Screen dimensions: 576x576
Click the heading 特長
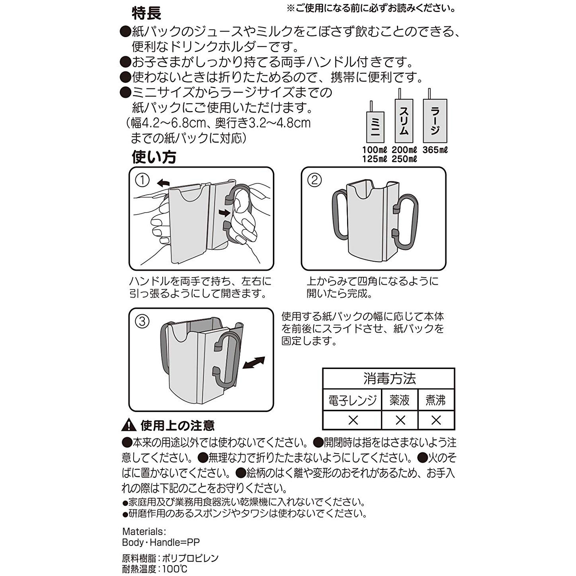pyautogui.click(x=146, y=13)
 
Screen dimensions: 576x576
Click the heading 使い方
pyautogui.click(x=154, y=157)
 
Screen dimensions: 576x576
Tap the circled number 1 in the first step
pyautogui.click(x=142, y=180)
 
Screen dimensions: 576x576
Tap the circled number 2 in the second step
pyautogui.click(x=314, y=180)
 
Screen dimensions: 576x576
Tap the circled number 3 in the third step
pyautogui.click(x=142, y=322)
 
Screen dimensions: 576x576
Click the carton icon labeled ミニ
pyautogui.click(x=375, y=127)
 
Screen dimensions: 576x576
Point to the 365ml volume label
pyautogui.click(x=435, y=150)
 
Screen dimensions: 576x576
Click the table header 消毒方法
pyautogui.click(x=389, y=378)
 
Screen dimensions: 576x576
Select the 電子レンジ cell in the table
pyautogui.click(x=352, y=400)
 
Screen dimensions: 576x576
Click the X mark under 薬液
pyautogui.click(x=400, y=420)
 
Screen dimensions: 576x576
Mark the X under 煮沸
pyautogui.click(x=436, y=420)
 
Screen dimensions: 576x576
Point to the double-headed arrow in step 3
pyautogui.click(x=254, y=363)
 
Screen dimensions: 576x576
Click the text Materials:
pyautogui.click(x=144, y=531)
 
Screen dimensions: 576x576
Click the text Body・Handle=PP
pyautogui.click(x=161, y=542)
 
